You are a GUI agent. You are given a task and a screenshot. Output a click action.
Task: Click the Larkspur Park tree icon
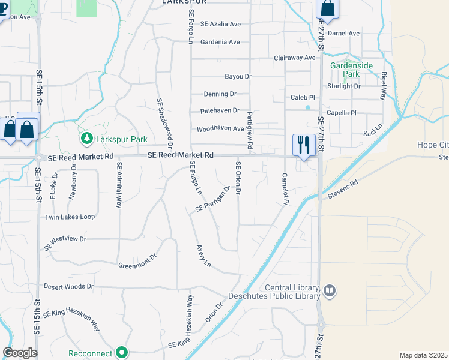[x=87, y=139]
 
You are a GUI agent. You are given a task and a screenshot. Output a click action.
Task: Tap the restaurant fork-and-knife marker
[x=303, y=145]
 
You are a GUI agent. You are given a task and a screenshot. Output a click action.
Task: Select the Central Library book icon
[x=329, y=291]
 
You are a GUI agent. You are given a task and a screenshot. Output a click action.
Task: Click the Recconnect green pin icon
[x=122, y=352]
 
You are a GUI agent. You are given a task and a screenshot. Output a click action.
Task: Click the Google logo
[x=20, y=353]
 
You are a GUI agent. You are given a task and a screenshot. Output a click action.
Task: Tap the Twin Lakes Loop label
[x=70, y=217]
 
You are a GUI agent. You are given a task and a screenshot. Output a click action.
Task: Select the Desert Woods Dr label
[x=68, y=286]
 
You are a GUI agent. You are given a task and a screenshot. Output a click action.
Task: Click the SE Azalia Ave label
[x=220, y=24]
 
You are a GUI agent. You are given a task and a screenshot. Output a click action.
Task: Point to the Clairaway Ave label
[x=294, y=58]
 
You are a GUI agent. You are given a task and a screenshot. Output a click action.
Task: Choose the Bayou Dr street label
[x=238, y=77]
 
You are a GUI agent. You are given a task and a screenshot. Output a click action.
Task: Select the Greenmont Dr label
[x=137, y=261]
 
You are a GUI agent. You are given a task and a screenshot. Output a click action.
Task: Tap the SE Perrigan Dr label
[x=213, y=200]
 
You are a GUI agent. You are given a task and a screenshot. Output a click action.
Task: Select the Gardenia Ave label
[x=220, y=42]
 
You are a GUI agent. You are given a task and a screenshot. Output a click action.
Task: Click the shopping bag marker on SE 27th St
[x=327, y=8]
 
